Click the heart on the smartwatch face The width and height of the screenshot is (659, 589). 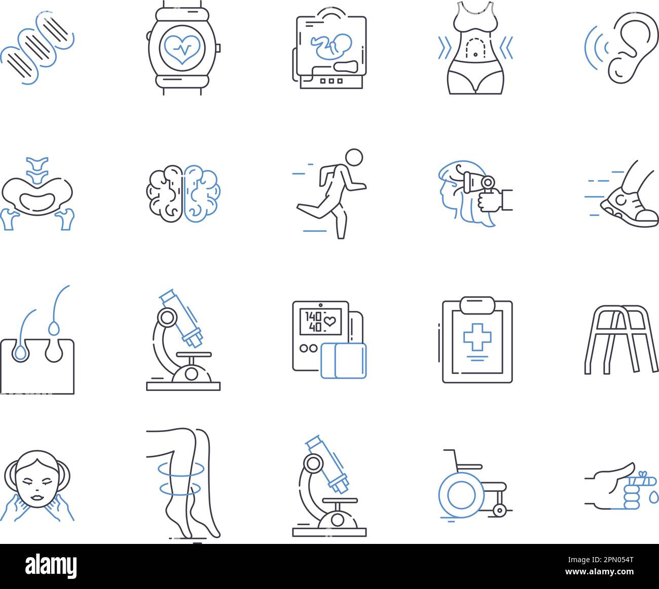click(183, 49)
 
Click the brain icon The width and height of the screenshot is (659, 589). click(183, 193)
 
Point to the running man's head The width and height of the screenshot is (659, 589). click(354, 157)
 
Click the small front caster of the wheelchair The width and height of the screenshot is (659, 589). click(500, 510)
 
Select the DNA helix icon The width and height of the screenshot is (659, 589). click(38, 48)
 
